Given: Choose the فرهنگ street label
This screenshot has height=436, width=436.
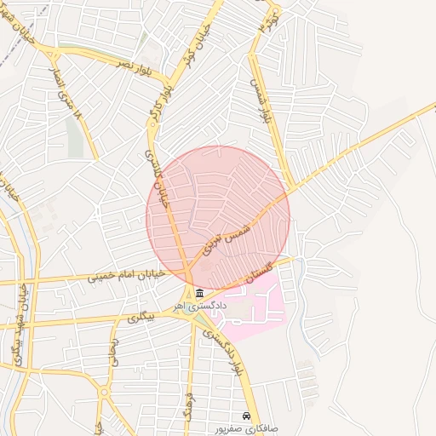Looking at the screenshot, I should tap(190, 404).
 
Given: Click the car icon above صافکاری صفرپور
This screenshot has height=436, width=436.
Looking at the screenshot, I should tap(246, 416).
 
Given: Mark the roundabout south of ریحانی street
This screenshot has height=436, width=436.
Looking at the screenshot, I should tap(103, 393).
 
